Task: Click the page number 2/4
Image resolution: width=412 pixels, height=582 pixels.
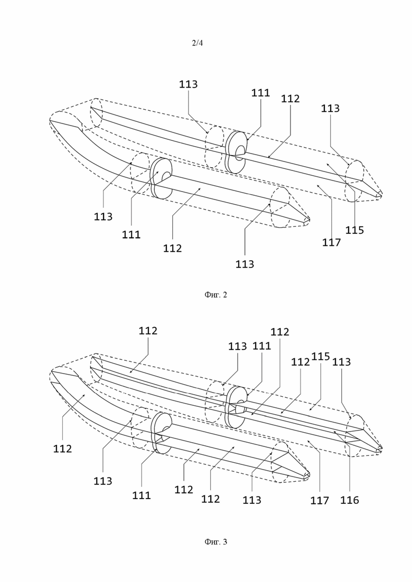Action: pos(197,43)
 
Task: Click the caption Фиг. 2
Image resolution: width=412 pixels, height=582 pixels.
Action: pos(216,295)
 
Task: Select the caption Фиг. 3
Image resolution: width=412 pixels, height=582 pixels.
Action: pos(216,541)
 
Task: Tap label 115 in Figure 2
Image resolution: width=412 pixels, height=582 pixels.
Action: pos(354,230)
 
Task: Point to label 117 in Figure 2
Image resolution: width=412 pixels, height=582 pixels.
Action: pos(331,242)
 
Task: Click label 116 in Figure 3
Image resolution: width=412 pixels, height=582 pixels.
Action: pos(350,500)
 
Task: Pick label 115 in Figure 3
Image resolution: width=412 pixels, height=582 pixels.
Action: pos(320,356)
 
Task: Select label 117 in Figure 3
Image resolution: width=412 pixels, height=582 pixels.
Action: pos(320,500)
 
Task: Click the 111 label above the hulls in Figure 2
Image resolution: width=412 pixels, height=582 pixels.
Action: pos(260,93)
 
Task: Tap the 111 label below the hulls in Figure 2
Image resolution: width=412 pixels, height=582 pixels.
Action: pos(131,234)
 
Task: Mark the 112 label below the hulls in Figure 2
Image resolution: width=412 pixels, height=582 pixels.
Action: pos(172,248)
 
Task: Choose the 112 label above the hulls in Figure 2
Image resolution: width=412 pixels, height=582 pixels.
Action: pos(290,99)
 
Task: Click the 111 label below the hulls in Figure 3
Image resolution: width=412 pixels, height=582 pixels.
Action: pos(142,495)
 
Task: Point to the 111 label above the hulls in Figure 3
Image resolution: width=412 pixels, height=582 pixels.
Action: pos(261,346)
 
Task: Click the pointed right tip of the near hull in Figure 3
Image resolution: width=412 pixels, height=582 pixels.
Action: pos(308,475)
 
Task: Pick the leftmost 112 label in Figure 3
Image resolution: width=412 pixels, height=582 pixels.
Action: pos(62,449)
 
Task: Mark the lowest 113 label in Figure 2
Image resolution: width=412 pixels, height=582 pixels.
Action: pos(245,264)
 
